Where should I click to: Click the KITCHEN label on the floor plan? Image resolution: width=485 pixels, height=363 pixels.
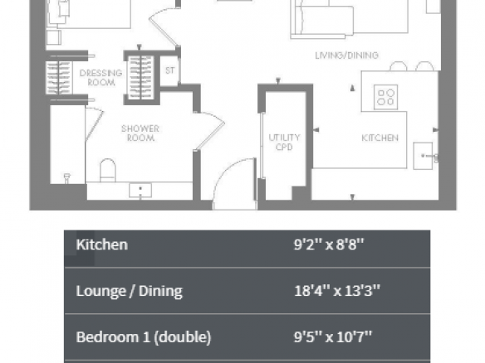tap(380, 138)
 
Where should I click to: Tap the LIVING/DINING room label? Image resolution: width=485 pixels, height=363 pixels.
tap(347, 56)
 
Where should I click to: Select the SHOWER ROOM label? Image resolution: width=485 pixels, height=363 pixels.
tap(140, 133)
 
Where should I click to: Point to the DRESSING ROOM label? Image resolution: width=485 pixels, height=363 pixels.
tap(101, 77)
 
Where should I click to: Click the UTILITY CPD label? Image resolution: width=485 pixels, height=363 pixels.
tap(284, 142)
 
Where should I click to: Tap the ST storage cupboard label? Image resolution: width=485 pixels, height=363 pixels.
tap(169, 70)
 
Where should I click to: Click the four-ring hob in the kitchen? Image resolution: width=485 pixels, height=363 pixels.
tap(385, 97)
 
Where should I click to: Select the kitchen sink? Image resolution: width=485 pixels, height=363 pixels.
tap(423, 156)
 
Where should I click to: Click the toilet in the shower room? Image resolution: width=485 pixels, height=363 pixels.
tap(108, 171)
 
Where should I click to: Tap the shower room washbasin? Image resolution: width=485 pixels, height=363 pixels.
tap(140, 190)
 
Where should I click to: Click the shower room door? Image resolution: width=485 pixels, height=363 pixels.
tap(210, 131)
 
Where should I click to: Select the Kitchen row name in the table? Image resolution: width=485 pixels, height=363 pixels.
tap(102, 244)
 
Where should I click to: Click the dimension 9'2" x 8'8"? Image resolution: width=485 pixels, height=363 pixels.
tap(329, 244)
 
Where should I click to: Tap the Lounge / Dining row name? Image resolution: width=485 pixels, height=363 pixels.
tap(130, 291)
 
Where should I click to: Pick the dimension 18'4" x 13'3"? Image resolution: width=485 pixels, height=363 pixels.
tap(337, 291)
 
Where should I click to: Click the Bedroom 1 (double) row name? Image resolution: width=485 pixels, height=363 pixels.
tap(144, 337)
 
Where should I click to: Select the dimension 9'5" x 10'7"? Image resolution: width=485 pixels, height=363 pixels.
tap(333, 336)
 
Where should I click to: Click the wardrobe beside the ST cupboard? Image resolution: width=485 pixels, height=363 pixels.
tap(141, 77)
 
